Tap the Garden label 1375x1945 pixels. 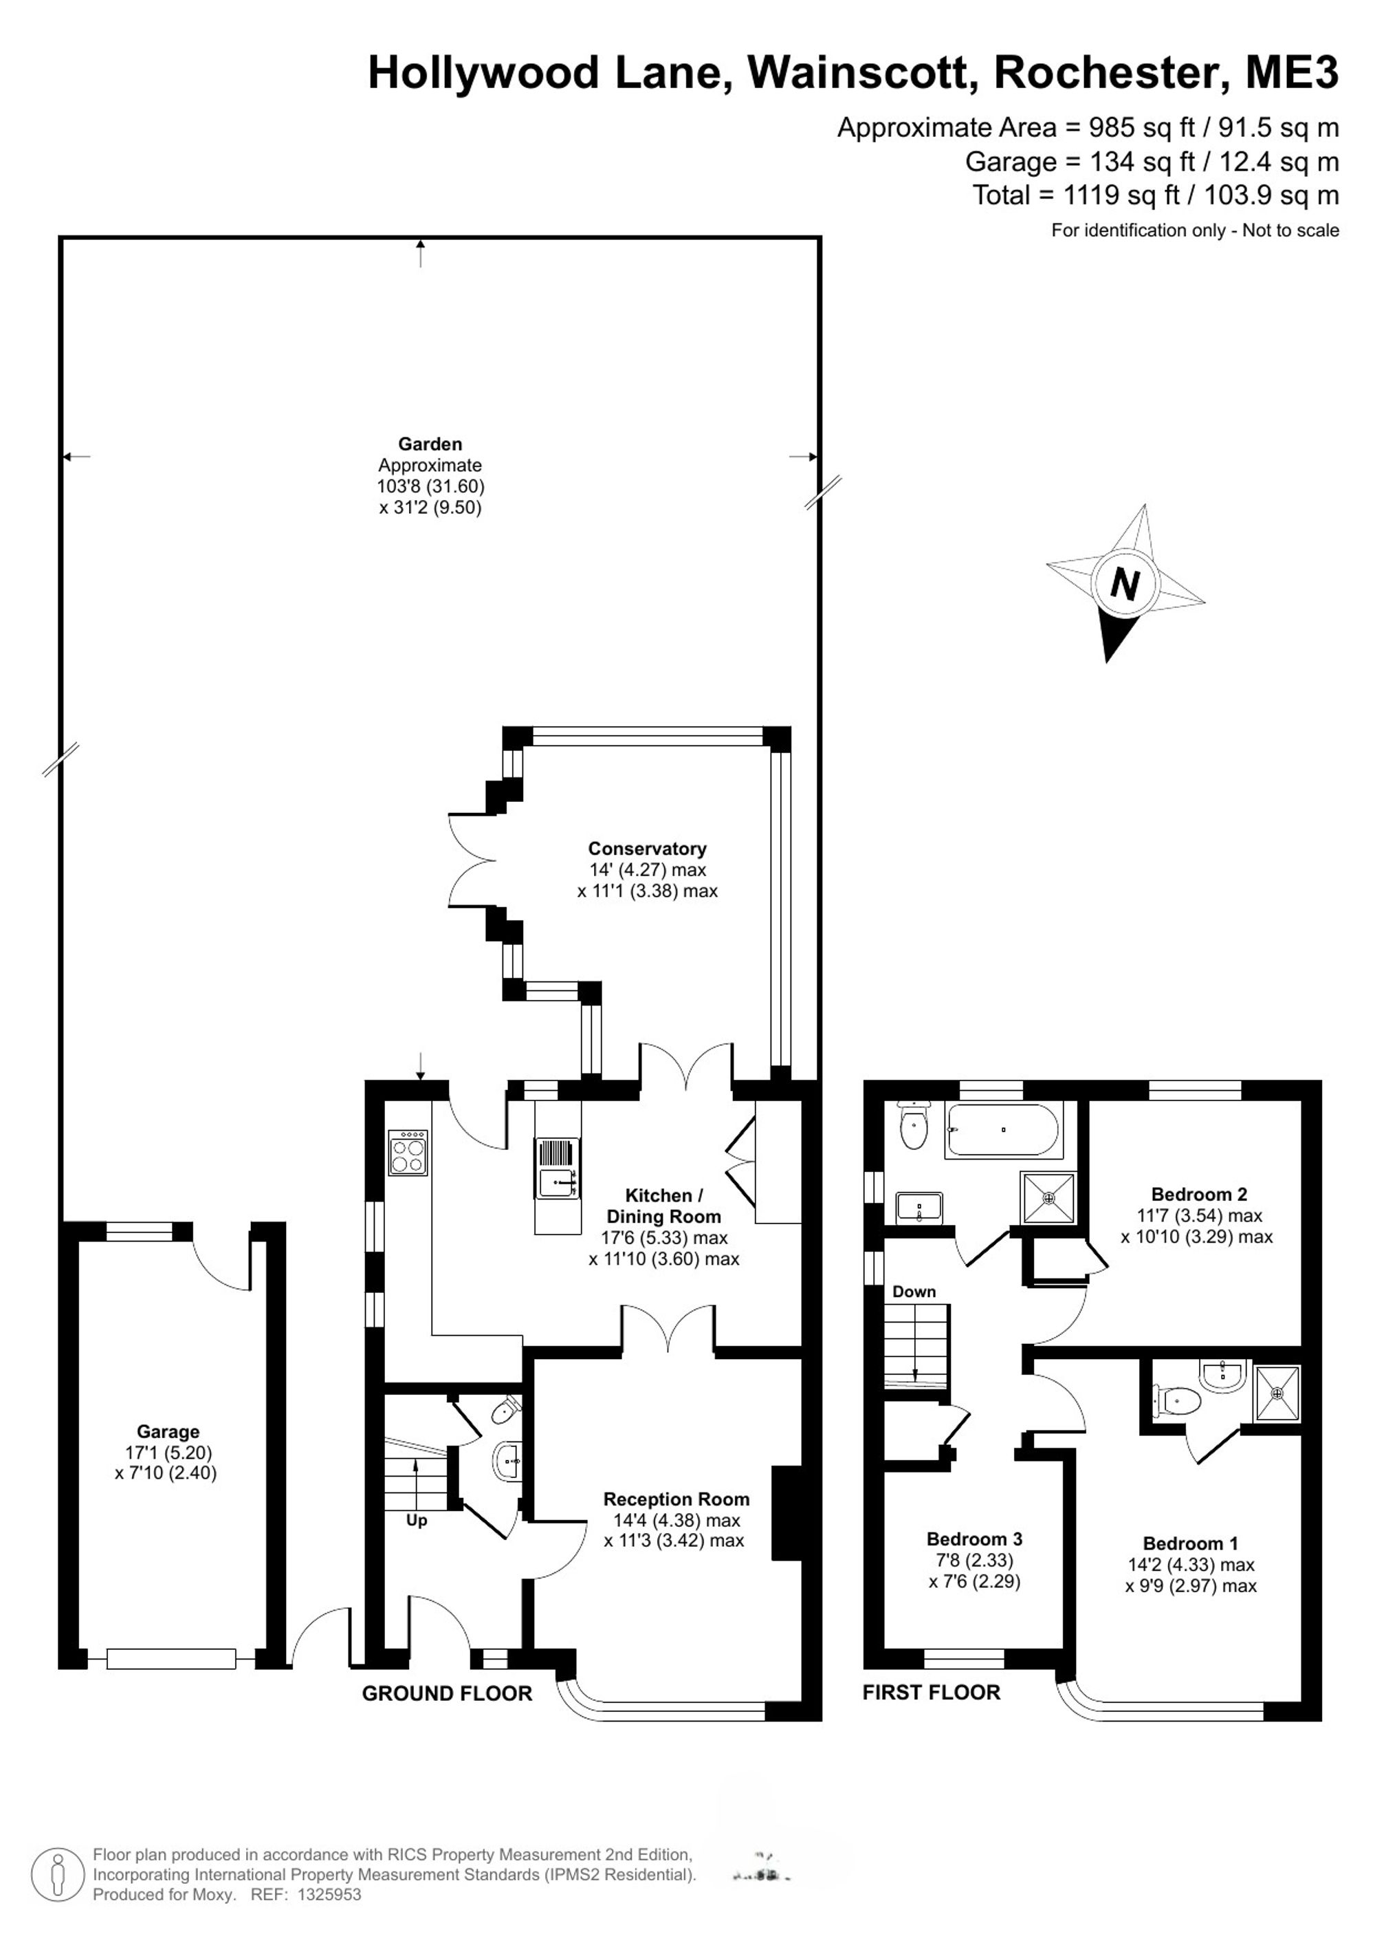pyautogui.click(x=430, y=444)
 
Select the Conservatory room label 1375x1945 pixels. pyautogui.click(x=647, y=849)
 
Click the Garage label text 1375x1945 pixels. pyautogui.click(x=168, y=1432)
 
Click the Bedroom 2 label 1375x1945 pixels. pyautogui.click(x=1199, y=1195)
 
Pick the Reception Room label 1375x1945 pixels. pyautogui.click(x=676, y=1499)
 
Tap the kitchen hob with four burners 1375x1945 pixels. pyautogui.click(x=407, y=1153)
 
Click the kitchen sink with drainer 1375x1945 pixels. pyautogui.click(x=557, y=1169)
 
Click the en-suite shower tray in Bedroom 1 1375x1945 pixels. pyautogui.click(x=1277, y=1392)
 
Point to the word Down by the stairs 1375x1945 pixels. pyautogui.click(x=914, y=1292)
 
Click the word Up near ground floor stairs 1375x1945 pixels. pyautogui.click(x=417, y=1521)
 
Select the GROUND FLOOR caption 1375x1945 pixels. pyautogui.click(x=447, y=1693)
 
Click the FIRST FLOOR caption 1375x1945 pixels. pyautogui.click(x=932, y=1693)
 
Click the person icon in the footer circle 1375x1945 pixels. pyautogui.click(x=58, y=1875)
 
